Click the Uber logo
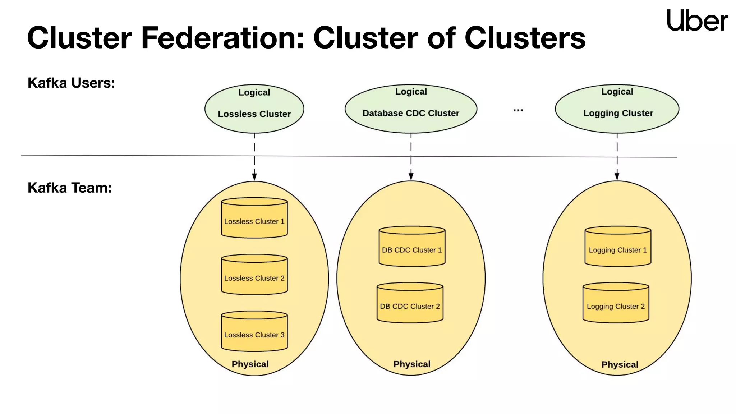[x=697, y=20]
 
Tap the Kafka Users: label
[x=71, y=83]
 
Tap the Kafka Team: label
[x=70, y=188]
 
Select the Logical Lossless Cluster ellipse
[x=254, y=109]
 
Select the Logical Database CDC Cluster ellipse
[x=411, y=109]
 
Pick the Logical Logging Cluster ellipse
[x=617, y=109]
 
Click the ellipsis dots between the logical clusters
[x=518, y=110]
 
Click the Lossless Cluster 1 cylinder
[x=254, y=218]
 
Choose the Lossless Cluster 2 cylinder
[x=254, y=275]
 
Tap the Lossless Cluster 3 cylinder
[x=254, y=331]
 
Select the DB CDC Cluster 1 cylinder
[x=412, y=247]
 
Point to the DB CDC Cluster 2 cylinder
[x=410, y=303]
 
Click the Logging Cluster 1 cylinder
[x=617, y=247]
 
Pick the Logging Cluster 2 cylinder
[x=616, y=303]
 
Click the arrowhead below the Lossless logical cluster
[x=254, y=176]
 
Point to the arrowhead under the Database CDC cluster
[x=411, y=176]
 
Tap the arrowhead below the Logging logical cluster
[x=617, y=176]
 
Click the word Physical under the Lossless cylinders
[x=250, y=364]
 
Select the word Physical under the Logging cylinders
[x=620, y=364]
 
